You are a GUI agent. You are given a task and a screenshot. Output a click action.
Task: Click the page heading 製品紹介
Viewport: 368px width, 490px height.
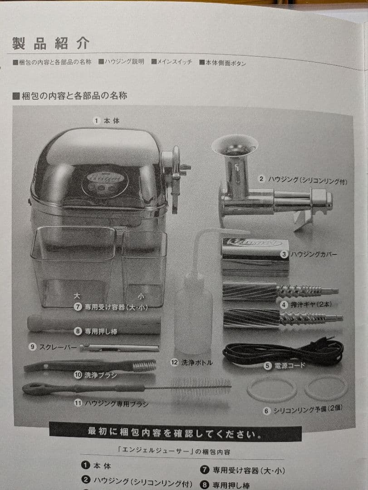click(51, 43)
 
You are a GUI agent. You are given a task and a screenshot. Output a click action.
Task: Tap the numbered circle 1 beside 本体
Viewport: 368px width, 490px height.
click(96, 121)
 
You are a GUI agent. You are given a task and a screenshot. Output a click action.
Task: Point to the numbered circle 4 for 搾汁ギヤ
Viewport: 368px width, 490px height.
click(284, 305)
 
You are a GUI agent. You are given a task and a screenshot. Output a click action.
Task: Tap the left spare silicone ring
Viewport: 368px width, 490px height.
click(272, 389)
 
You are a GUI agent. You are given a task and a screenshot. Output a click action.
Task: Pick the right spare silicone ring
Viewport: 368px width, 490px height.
click(326, 388)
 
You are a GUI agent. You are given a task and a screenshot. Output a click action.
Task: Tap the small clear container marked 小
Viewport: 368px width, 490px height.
click(144, 268)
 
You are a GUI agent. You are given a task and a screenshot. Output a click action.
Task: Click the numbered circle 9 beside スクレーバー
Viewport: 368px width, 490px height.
click(32, 347)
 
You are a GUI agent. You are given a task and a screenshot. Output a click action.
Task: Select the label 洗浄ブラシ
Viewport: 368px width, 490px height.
click(101, 375)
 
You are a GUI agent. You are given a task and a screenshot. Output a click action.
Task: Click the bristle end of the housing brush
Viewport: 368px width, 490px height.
click(200, 387)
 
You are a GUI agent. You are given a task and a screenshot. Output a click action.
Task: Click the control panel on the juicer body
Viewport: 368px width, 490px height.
click(105, 184)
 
